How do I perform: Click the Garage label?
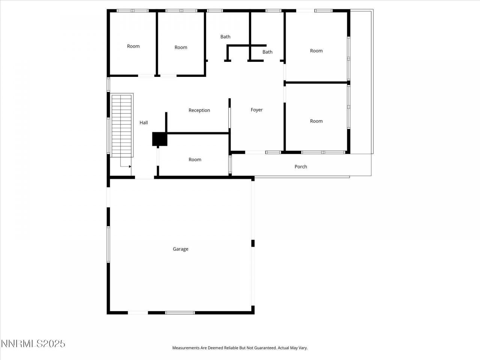(x=180, y=249)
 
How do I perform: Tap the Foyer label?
(x=256, y=110)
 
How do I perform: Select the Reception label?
(x=199, y=110)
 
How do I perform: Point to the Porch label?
(x=301, y=166)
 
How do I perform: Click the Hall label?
(x=144, y=123)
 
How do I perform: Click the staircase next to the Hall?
(x=122, y=126)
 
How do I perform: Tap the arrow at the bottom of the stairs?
(x=130, y=166)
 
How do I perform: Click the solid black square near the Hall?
(x=159, y=139)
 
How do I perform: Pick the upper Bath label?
(x=225, y=37)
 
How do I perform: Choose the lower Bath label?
(x=267, y=52)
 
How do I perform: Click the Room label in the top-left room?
(x=133, y=46)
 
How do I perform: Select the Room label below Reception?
(x=195, y=160)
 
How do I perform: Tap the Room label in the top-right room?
(x=316, y=51)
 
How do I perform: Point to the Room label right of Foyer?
(x=316, y=121)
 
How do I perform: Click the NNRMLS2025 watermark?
(x=33, y=343)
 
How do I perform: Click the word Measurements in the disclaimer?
(x=186, y=348)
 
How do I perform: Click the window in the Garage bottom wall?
(x=180, y=312)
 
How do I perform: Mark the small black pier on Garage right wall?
(x=253, y=243)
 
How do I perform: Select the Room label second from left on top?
(x=181, y=47)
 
